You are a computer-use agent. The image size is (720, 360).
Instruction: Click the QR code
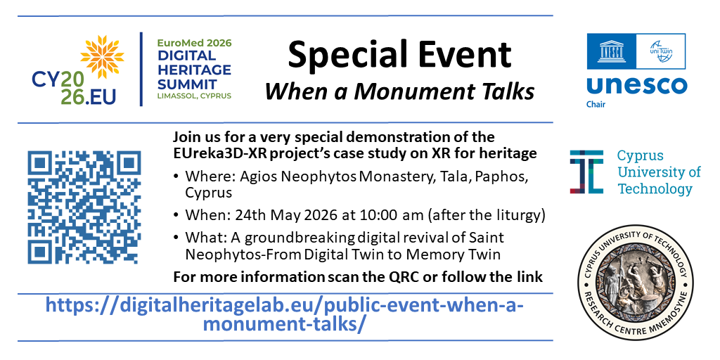(84, 207)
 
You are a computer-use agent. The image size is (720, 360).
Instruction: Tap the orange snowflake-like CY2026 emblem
(102, 56)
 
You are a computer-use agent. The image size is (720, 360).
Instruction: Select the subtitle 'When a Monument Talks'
(399, 91)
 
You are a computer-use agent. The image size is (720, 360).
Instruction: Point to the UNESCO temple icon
(611, 51)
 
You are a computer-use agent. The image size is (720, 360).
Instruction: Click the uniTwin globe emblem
(660, 51)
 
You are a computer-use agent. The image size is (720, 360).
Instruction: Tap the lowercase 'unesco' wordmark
(636, 86)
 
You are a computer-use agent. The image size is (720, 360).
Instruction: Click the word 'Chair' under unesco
(596, 104)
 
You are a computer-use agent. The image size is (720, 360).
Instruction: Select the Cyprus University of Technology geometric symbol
(587, 172)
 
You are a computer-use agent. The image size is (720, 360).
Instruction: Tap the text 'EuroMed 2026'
(194, 44)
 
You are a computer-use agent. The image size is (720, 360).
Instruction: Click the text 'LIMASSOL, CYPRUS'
(194, 96)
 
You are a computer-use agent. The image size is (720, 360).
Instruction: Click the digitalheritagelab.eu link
(285, 314)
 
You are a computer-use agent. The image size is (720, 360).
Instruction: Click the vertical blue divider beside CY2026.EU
(141, 69)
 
